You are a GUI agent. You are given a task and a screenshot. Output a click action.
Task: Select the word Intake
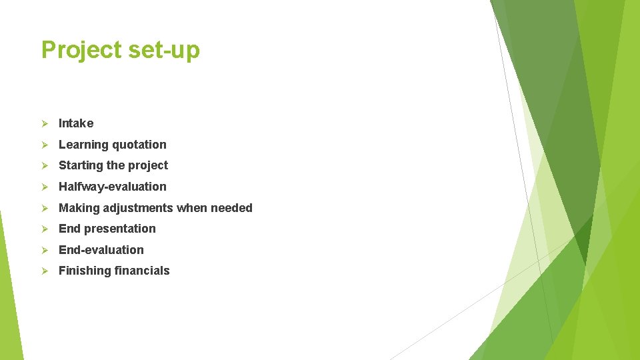click(x=76, y=123)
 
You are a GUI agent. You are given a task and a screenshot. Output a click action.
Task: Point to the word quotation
click(x=139, y=145)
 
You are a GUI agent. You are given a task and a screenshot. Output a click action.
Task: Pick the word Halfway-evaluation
click(x=113, y=187)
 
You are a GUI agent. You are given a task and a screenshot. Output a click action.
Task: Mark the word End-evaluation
click(x=101, y=250)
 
